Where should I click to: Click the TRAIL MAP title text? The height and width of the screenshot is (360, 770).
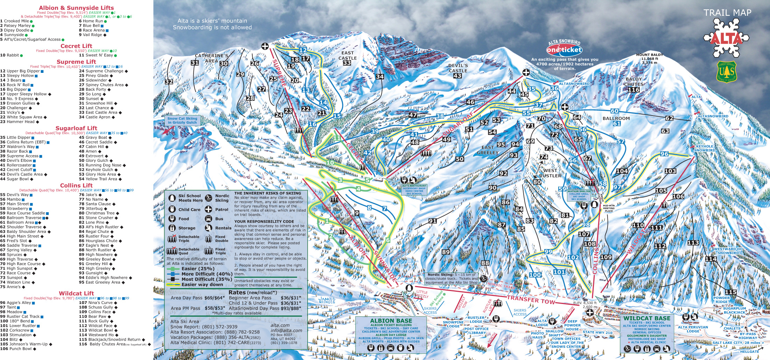click(x=727, y=13)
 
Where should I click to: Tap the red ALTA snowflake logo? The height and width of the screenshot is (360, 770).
click(x=726, y=39)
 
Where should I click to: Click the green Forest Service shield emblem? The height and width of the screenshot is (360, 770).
click(x=727, y=72)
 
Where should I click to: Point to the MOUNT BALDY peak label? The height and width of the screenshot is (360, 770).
click(x=650, y=58)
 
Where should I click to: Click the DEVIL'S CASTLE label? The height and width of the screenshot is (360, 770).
click(x=458, y=68)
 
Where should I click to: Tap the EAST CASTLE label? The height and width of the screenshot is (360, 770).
click(x=348, y=55)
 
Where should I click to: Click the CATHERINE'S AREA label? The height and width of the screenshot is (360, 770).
click(x=211, y=58)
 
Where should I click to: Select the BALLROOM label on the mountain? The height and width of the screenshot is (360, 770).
click(x=616, y=118)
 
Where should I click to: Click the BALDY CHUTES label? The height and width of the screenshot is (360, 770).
click(x=633, y=82)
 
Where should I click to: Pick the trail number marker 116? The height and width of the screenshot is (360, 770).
click(x=633, y=90)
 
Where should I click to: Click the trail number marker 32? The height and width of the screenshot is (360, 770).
click(x=169, y=82)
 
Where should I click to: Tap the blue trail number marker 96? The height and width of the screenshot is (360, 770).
click(x=664, y=154)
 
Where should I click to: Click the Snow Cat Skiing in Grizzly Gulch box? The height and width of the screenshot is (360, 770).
click(x=182, y=120)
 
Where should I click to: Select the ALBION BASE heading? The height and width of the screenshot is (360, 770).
click(x=391, y=320)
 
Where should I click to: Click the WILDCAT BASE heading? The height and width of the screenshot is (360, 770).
click(x=647, y=318)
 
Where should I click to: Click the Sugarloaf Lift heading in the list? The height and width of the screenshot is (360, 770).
click(x=76, y=128)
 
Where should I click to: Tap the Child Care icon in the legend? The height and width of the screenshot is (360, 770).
click(x=172, y=209)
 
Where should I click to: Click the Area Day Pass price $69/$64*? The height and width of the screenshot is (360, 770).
click(x=215, y=298)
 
